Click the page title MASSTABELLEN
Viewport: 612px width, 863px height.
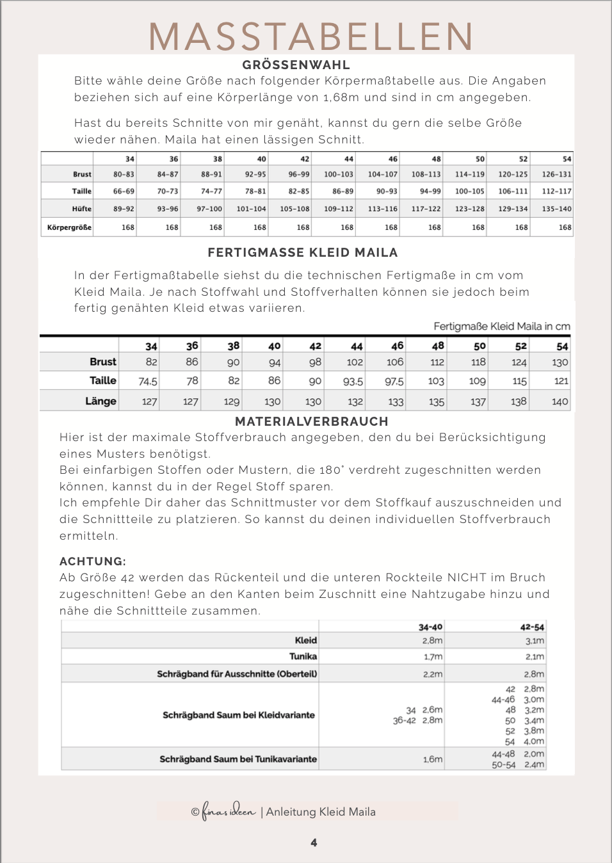[311, 36]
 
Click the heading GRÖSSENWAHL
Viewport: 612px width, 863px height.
[296, 65]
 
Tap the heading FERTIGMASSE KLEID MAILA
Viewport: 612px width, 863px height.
[303, 252]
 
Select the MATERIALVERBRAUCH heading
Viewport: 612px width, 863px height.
[312, 421]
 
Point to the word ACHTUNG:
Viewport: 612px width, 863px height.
[93, 561]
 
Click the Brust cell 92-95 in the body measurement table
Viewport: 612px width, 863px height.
[255, 174]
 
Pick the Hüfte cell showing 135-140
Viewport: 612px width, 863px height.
[556, 209]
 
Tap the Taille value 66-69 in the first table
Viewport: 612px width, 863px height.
[124, 191]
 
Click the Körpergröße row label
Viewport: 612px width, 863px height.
[69, 227]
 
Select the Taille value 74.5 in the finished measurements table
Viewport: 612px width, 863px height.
[148, 381]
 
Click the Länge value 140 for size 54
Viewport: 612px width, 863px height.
[560, 401]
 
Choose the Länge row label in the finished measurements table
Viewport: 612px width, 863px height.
[101, 401]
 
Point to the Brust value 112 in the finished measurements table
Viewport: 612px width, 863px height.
[437, 362]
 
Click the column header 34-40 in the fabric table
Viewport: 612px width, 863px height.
[430, 627]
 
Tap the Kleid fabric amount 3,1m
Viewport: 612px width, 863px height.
[535, 640]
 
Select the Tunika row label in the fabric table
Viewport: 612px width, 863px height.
[303, 656]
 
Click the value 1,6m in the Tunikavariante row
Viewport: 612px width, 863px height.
[432, 759]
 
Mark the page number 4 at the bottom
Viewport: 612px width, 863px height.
[314, 843]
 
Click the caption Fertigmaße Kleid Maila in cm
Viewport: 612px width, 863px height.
[501, 326]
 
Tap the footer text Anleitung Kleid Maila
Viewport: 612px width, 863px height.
[321, 812]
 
